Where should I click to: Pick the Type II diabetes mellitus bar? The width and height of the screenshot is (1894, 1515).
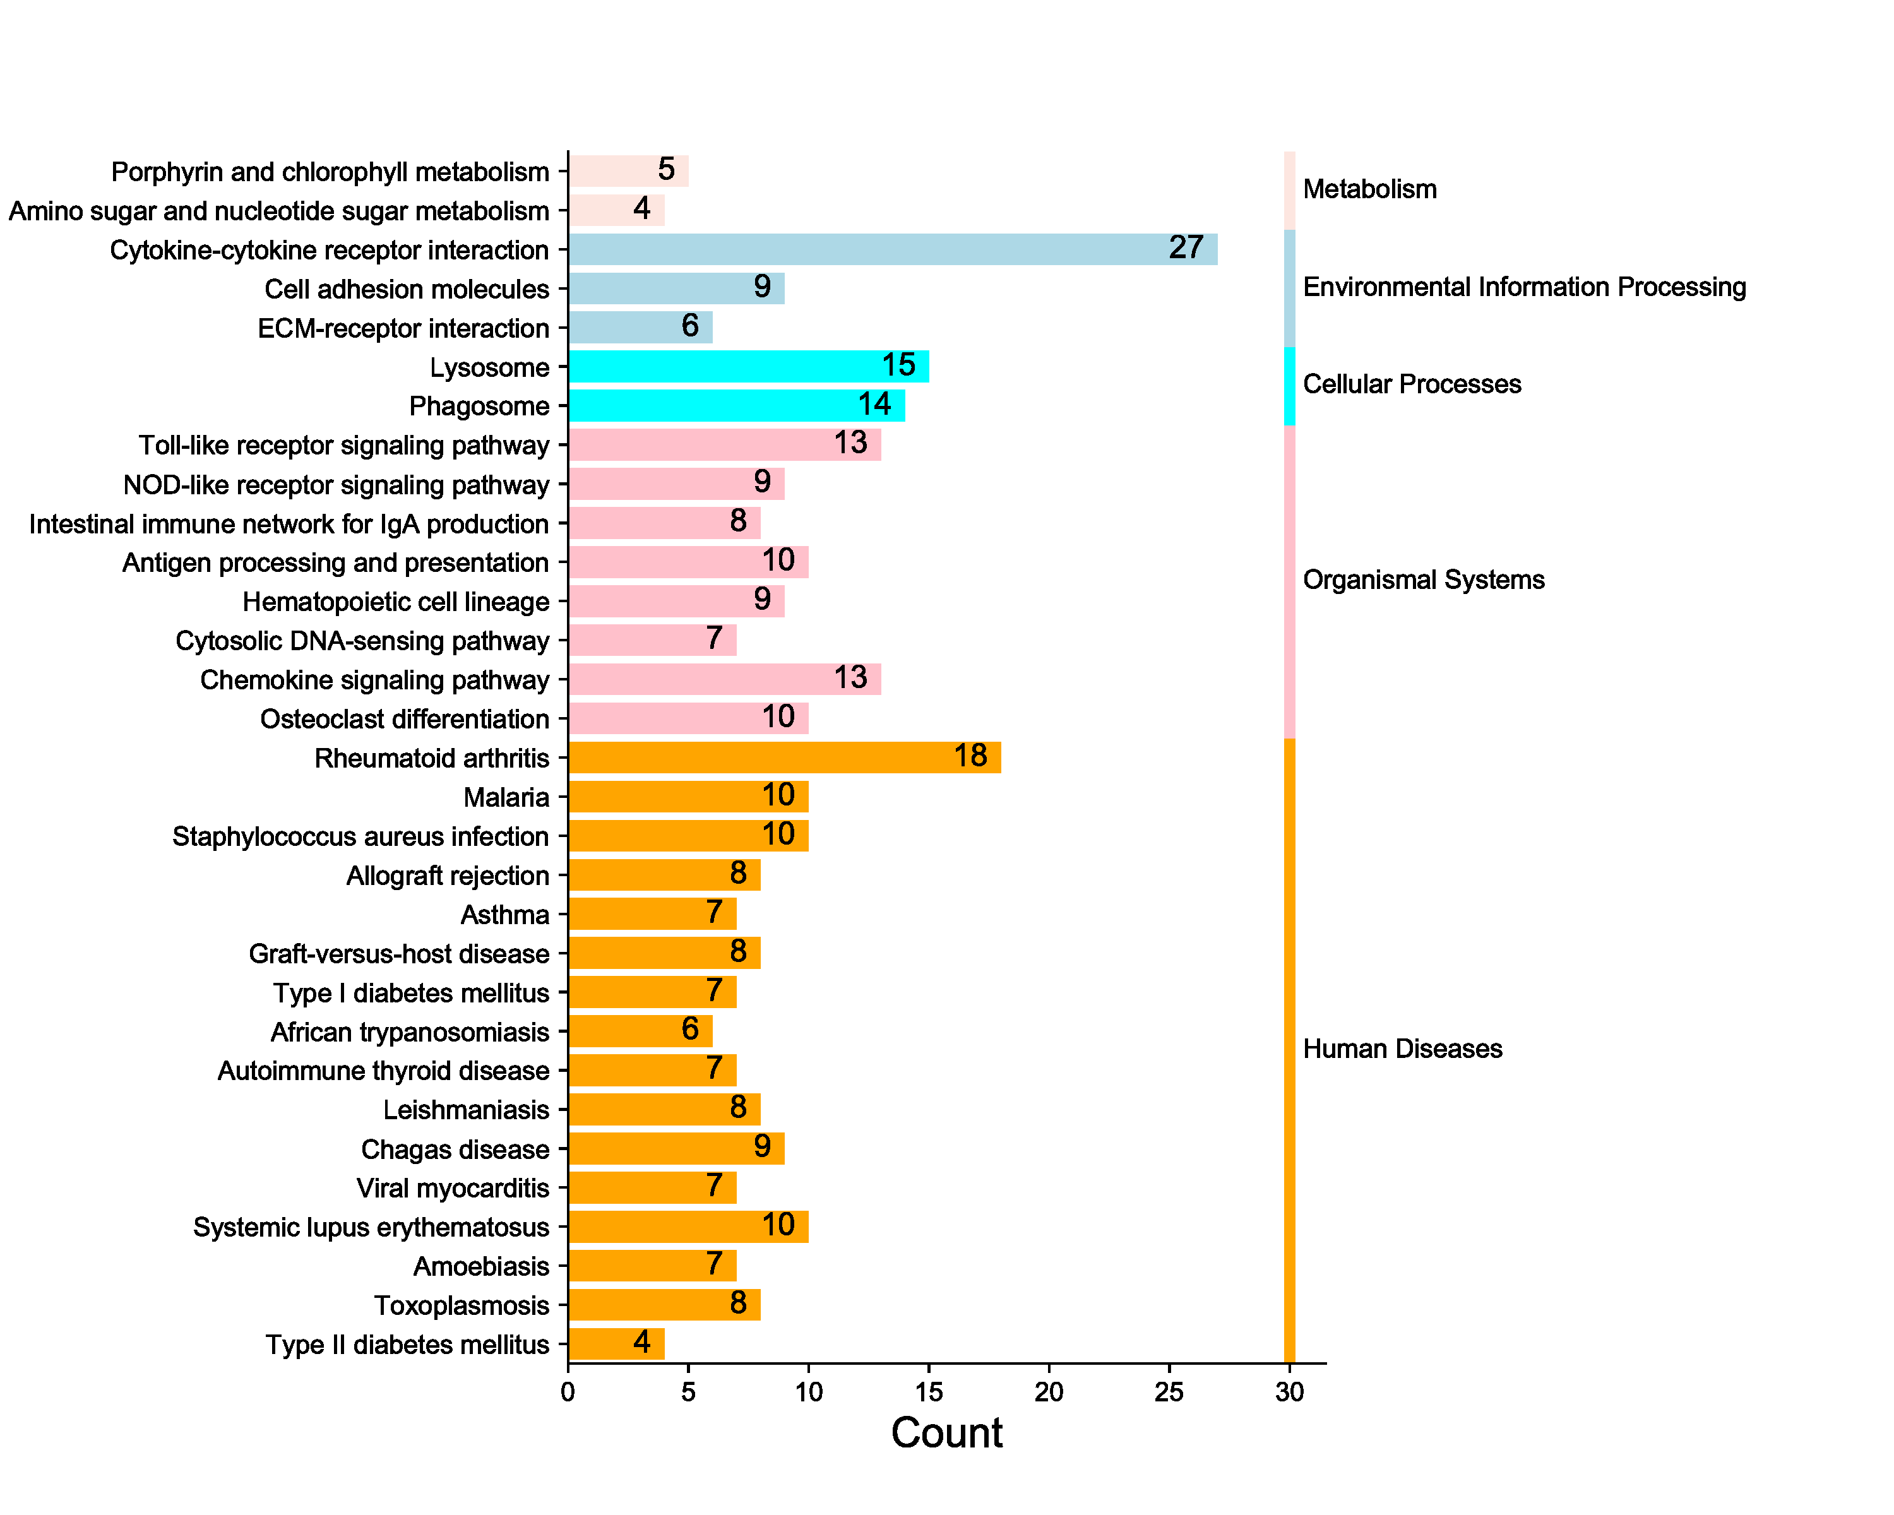pyautogui.click(x=616, y=1344)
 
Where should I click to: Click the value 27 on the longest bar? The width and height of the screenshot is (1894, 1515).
pyautogui.click(x=1185, y=247)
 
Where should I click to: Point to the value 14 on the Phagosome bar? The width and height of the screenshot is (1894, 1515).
pyautogui.click(x=874, y=404)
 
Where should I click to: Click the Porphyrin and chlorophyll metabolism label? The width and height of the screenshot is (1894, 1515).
pyautogui.click(x=330, y=172)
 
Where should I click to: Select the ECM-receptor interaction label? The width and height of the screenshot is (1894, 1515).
pyautogui.click(x=403, y=328)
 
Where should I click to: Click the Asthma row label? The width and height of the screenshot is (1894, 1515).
pyautogui.click(x=504, y=915)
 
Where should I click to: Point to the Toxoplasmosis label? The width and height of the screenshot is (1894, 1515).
pyautogui.click(x=462, y=1306)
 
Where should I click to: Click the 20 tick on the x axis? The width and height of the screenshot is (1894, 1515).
pyautogui.click(x=1049, y=1392)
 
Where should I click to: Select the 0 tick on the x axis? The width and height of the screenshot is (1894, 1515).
pyautogui.click(x=568, y=1392)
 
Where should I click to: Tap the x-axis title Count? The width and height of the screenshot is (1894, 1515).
pyautogui.click(x=946, y=1434)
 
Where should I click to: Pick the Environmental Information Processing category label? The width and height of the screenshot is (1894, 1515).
pyautogui.click(x=1523, y=287)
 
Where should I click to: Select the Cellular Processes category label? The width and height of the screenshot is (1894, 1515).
pyautogui.click(x=1411, y=384)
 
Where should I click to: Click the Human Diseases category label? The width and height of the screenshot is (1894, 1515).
pyautogui.click(x=1402, y=1049)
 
